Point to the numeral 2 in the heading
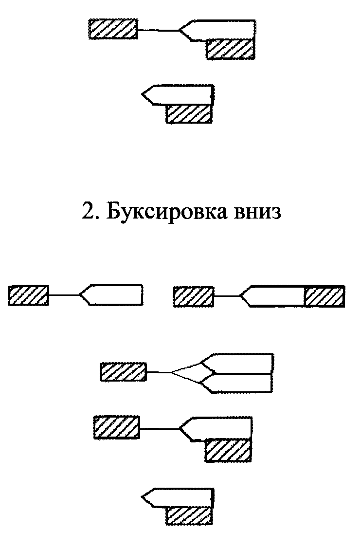click(87, 213)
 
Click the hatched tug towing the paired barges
click(123, 372)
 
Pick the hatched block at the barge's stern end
click(324, 296)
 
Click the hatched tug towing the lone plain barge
click(28, 295)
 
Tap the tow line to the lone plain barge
click(63, 295)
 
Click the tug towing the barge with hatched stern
click(193, 296)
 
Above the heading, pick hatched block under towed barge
click(231, 49)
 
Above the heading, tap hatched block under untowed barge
click(189, 113)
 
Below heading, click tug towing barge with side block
click(116, 427)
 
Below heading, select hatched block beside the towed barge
click(228, 450)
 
